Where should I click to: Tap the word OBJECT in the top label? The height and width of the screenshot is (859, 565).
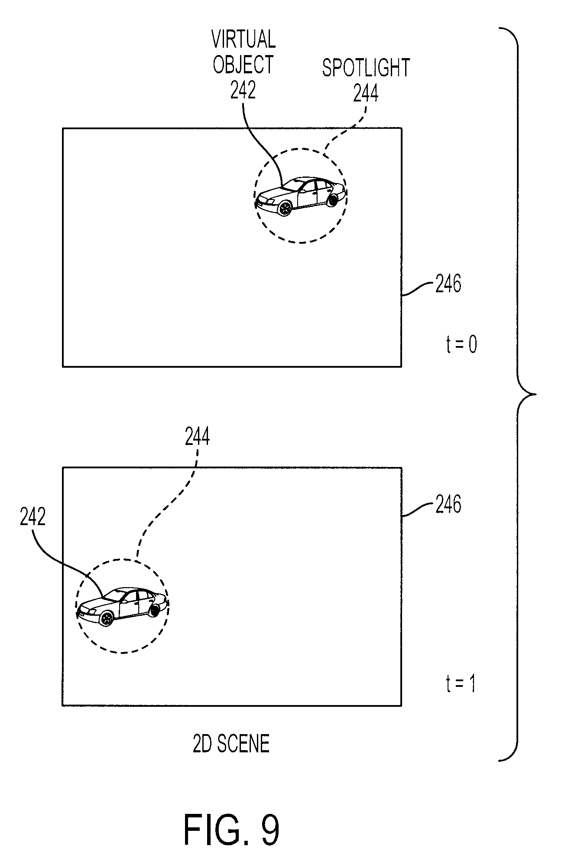click(243, 65)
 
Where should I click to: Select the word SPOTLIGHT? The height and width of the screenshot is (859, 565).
click(366, 68)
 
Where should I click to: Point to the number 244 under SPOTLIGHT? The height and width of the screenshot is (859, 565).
click(366, 93)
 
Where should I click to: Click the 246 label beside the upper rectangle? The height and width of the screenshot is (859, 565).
click(448, 284)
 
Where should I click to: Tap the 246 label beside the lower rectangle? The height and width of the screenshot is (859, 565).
click(448, 504)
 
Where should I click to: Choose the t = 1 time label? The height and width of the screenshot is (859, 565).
click(460, 684)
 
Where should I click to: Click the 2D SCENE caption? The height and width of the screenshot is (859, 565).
click(231, 744)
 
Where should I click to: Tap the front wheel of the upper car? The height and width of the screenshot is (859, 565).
click(285, 209)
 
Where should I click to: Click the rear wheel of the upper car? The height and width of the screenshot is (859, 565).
click(332, 200)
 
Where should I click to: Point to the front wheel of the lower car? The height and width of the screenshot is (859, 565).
click(106, 618)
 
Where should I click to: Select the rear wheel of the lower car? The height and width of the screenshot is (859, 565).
click(154, 611)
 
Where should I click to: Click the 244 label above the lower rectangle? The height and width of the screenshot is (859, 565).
click(197, 437)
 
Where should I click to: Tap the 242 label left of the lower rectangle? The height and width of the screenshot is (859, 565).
click(32, 516)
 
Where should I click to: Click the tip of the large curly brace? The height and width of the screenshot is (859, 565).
click(536, 394)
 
